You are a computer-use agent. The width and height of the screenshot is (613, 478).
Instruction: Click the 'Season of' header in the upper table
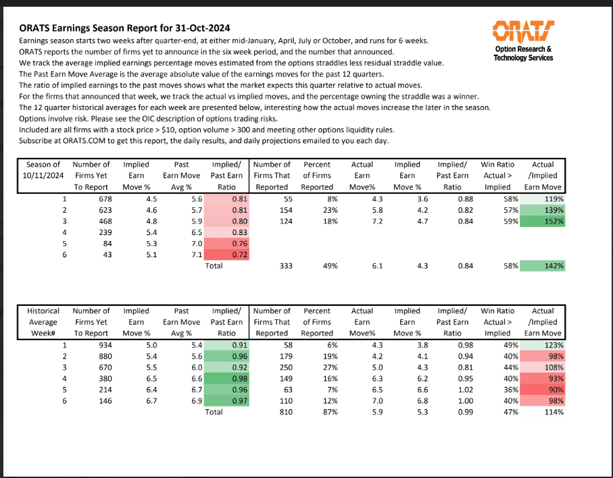pyautogui.click(x=43, y=165)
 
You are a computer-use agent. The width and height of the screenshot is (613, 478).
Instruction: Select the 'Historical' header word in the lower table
pyautogui.click(x=43, y=311)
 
